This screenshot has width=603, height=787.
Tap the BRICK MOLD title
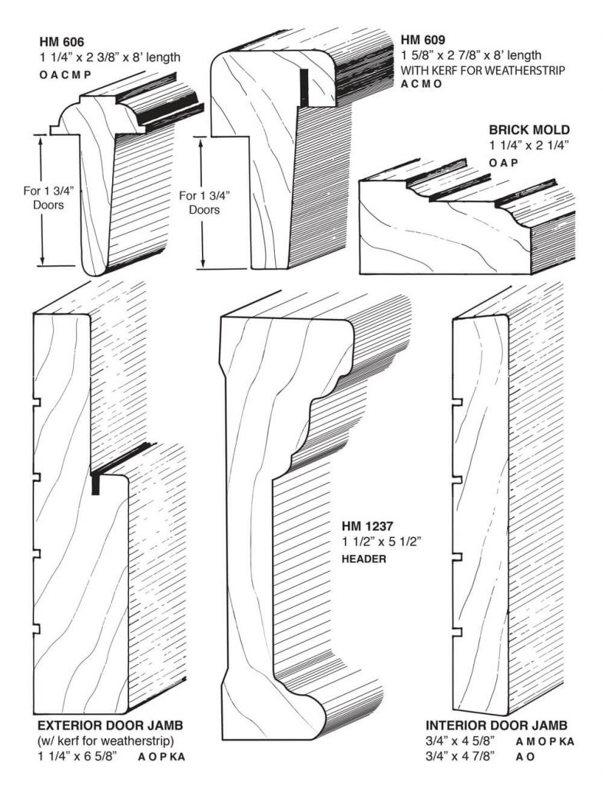click(x=529, y=130)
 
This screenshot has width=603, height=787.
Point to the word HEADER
click(x=364, y=559)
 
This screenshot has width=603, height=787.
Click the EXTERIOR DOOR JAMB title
click(x=111, y=726)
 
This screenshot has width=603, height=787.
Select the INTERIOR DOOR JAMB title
click(x=496, y=726)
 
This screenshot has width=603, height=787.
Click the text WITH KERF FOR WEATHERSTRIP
click(x=483, y=71)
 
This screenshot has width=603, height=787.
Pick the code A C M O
click(x=422, y=85)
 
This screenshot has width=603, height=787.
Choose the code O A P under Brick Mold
click(x=504, y=162)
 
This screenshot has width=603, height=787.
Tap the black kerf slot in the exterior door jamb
click(x=96, y=484)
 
